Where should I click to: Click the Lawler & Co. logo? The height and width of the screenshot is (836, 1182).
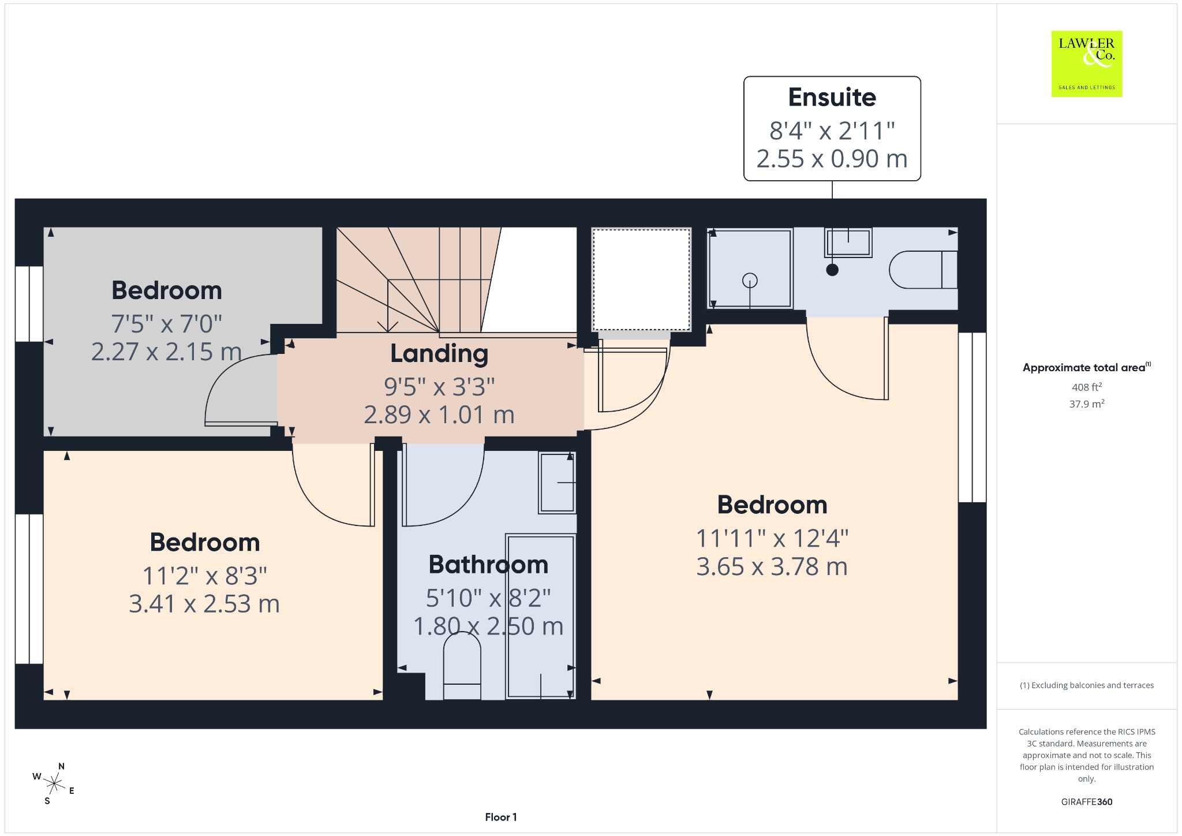pos(1086,64)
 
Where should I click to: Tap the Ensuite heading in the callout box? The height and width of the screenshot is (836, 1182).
pos(832,97)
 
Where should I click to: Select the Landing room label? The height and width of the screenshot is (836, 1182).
pos(439,353)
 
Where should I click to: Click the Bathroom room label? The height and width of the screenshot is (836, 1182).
pos(488,565)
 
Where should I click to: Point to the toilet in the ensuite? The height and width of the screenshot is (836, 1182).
pos(923,270)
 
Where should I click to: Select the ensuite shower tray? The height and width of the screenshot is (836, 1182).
pos(749,268)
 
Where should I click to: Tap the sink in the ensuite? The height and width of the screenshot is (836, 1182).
pos(848,242)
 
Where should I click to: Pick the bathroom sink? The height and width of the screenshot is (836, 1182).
pos(557,482)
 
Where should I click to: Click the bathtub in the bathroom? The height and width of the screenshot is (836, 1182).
pos(540,616)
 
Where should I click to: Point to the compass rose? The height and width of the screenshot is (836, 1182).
pos(54,783)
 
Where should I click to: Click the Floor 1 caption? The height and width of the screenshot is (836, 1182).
pos(501,817)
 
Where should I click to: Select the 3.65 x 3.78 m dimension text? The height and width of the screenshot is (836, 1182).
pos(772,567)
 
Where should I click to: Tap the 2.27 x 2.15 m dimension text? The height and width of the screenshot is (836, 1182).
pos(166,352)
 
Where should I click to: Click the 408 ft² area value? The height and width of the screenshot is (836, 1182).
pos(1087,387)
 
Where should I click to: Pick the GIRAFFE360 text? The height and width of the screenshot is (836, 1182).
pos(1087,801)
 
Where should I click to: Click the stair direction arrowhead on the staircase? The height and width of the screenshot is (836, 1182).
pos(387,327)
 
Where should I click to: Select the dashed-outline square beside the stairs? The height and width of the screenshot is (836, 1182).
pos(641,279)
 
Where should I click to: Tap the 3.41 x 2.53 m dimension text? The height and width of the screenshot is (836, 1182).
pos(204,604)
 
